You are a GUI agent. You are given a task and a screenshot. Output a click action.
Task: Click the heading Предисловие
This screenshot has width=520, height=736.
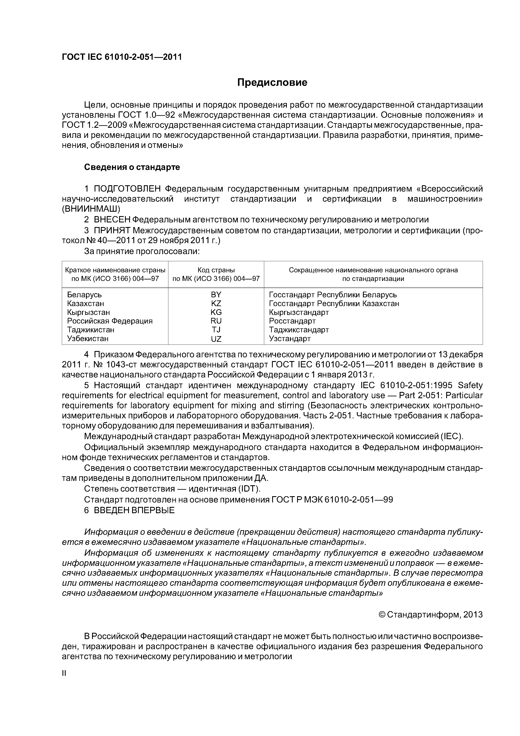[272, 83]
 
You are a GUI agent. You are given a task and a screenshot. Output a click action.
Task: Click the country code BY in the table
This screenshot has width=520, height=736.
[216, 295]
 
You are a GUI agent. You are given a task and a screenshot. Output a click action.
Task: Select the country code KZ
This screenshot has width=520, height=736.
[216, 303]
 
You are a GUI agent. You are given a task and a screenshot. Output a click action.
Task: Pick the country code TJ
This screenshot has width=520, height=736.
[216, 330]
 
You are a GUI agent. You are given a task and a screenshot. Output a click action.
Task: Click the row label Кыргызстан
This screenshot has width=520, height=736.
[88, 312]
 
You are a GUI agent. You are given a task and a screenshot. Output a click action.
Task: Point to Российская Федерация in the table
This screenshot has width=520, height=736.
[110, 321]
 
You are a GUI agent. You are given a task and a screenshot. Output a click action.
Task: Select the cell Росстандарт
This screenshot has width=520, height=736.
[292, 321]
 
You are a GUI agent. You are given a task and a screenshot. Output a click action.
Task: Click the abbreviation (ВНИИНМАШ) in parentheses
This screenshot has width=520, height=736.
[91, 209]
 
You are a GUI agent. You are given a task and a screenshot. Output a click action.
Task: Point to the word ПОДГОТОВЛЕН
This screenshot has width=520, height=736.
[129, 189]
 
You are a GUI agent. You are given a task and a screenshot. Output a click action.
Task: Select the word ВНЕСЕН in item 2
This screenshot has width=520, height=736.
[112, 220]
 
